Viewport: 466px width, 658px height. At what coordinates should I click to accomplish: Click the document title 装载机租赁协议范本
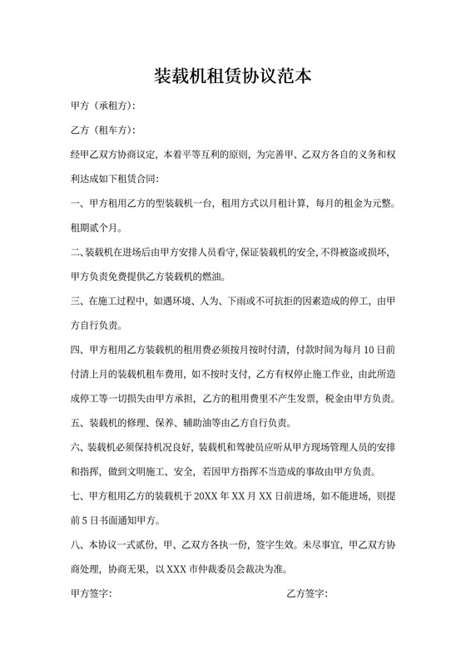click(x=233, y=77)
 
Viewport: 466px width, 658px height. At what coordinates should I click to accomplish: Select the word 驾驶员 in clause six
click(x=260, y=447)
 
